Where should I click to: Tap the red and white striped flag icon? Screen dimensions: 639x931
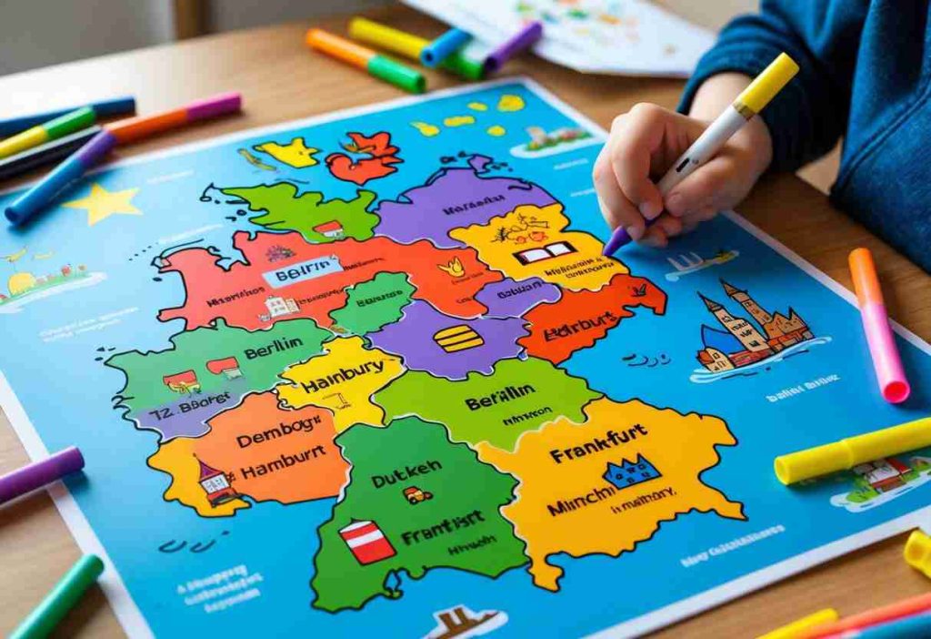point(366,541)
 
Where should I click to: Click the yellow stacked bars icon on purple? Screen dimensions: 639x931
point(457,338)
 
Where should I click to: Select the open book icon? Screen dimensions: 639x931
point(545,252)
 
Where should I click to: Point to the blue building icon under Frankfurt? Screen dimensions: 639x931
point(632,472)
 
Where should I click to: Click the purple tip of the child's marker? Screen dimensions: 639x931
point(616,241)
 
